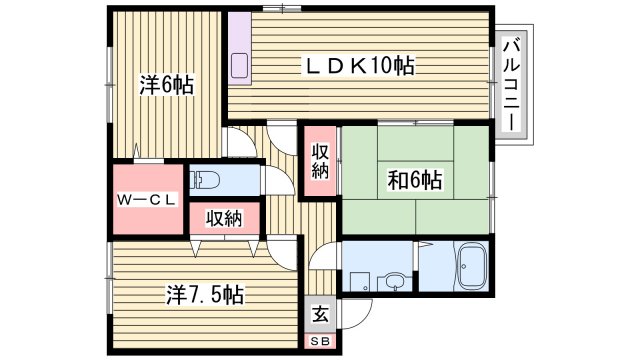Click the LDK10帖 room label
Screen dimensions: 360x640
point(359,67)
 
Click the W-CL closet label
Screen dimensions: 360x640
point(147,199)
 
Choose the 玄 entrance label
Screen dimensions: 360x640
point(318,312)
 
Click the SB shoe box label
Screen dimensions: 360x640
point(318,342)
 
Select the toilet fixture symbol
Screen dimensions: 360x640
point(207,180)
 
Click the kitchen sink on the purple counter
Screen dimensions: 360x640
point(240,68)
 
